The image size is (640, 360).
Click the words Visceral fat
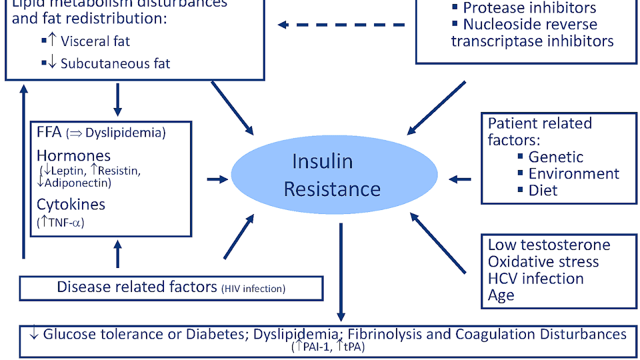(95, 41)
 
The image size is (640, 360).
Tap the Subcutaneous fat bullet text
(115, 63)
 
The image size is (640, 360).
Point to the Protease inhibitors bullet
(529, 8)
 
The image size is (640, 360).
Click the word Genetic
(555, 157)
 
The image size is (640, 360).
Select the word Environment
(573, 173)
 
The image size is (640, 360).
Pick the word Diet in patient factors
(542, 190)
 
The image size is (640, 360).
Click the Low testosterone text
(549, 245)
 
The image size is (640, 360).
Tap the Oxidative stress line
(543, 261)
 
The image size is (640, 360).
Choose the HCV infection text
(535, 278)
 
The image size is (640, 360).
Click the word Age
(501, 295)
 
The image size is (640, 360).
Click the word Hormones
(73, 155)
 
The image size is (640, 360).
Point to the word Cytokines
(71, 204)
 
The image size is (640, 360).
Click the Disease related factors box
(171, 288)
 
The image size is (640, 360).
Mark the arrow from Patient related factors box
(460, 179)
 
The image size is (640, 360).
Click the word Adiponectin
(77, 183)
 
